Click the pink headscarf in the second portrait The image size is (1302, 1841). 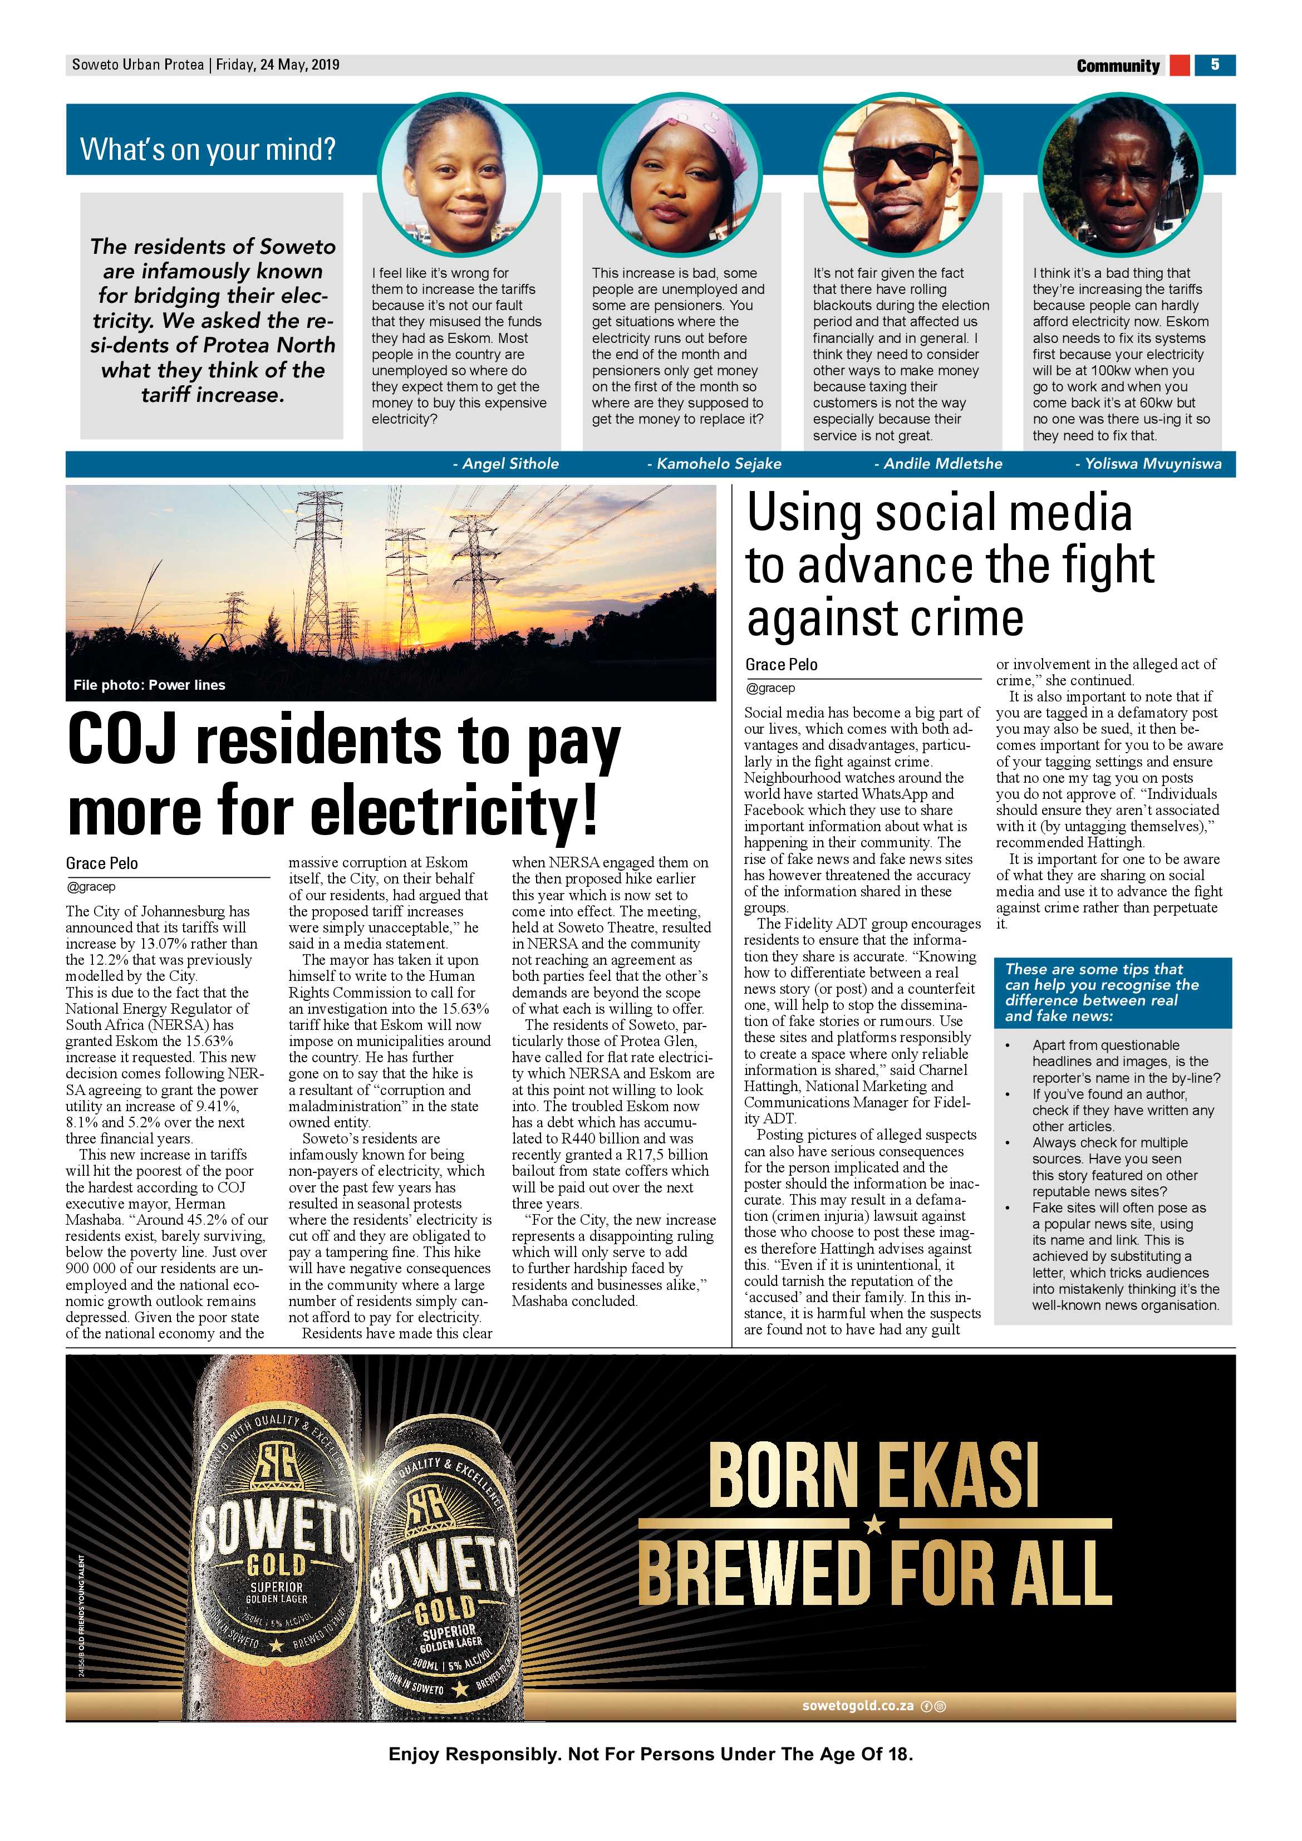click(668, 120)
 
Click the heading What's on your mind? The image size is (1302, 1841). click(208, 149)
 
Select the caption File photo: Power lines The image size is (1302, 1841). click(149, 685)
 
